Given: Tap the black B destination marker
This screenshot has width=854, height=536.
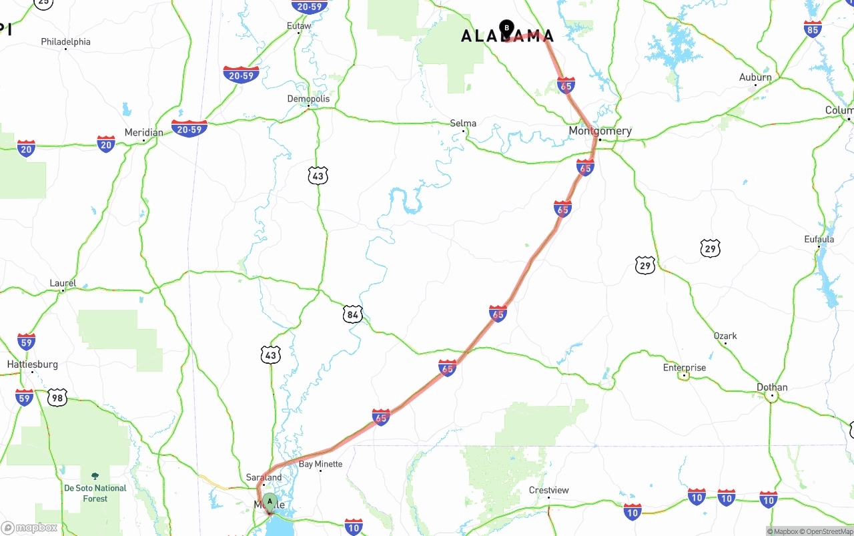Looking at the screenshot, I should click(506, 28).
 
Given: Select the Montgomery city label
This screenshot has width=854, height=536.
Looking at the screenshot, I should click(600, 131).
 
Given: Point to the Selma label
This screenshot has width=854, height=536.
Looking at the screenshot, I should click(463, 123).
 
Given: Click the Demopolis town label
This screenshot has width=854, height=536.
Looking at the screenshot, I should click(308, 99).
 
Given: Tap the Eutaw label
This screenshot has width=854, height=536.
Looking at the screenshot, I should click(299, 26).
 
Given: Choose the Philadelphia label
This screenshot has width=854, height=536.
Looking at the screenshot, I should click(65, 41).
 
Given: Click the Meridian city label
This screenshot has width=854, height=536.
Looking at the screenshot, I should click(143, 132).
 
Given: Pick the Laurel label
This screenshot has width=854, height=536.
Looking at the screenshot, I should click(63, 283).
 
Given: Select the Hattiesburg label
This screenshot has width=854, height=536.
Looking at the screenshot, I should click(32, 364).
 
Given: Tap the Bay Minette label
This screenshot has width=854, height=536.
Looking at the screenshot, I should click(320, 464).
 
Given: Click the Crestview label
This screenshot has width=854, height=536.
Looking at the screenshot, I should click(548, 490).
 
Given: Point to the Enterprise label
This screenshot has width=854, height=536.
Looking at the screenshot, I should click(684, 368).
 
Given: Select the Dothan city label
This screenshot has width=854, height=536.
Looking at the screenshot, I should click(772, 387).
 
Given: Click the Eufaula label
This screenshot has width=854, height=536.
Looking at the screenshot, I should click(819, 239).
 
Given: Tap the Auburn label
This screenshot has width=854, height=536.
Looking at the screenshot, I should click(755, 77).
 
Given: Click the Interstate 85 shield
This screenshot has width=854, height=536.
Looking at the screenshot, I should click(813, 29).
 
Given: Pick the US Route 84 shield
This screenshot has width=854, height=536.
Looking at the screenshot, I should click(352, 314).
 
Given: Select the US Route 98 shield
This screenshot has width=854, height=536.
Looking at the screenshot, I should click(57, 398).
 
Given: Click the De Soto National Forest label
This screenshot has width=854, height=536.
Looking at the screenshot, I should click(95, 493).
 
